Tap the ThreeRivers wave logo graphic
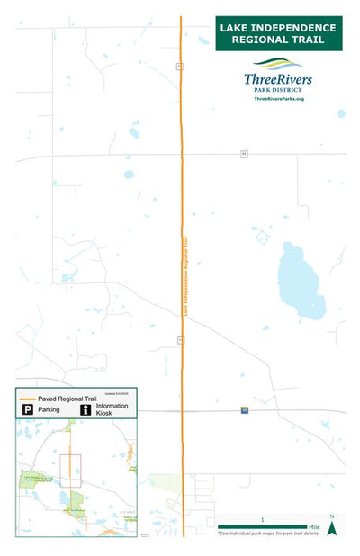279,65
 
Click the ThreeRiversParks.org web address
279,98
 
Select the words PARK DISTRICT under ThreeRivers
279,90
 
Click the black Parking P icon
28,409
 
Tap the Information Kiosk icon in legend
85,409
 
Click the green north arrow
331,529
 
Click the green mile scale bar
262,527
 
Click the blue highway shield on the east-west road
244,410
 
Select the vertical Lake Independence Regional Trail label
186,274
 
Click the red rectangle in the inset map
70,471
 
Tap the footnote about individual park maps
268,534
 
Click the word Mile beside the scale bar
314,527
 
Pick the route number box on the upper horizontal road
243,154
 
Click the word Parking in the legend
49,409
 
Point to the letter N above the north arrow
331,516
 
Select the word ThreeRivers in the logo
279,79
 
